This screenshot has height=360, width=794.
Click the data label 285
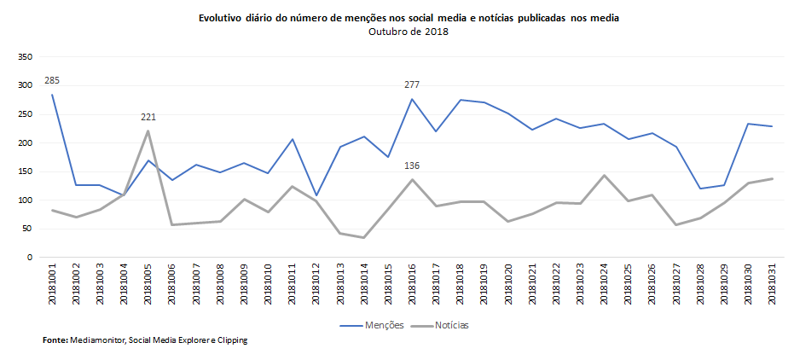pos(52,80)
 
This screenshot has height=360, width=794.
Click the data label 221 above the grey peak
pos(148,117)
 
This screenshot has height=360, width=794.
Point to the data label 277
pos(412,84)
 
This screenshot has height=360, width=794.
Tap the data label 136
pos(412,165)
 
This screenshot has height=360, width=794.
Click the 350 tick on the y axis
pos(26,57)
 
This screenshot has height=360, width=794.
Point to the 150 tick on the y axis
pos(26,171)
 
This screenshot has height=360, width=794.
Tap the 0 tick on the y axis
pos(30,257)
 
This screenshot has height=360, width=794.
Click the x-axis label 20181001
pos(53,283)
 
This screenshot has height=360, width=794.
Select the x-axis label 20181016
pos(413,283)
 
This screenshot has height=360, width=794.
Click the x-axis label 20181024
pos(605,283)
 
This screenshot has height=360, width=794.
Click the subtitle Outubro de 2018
pos(409,32)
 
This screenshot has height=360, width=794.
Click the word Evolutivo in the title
pos(222,18)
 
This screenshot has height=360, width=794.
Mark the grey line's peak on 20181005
pos(148,131)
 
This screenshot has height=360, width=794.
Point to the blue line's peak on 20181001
pos(52,94)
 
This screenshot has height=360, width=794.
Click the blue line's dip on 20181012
pos(316,195)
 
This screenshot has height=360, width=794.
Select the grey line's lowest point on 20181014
pos(364,237)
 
